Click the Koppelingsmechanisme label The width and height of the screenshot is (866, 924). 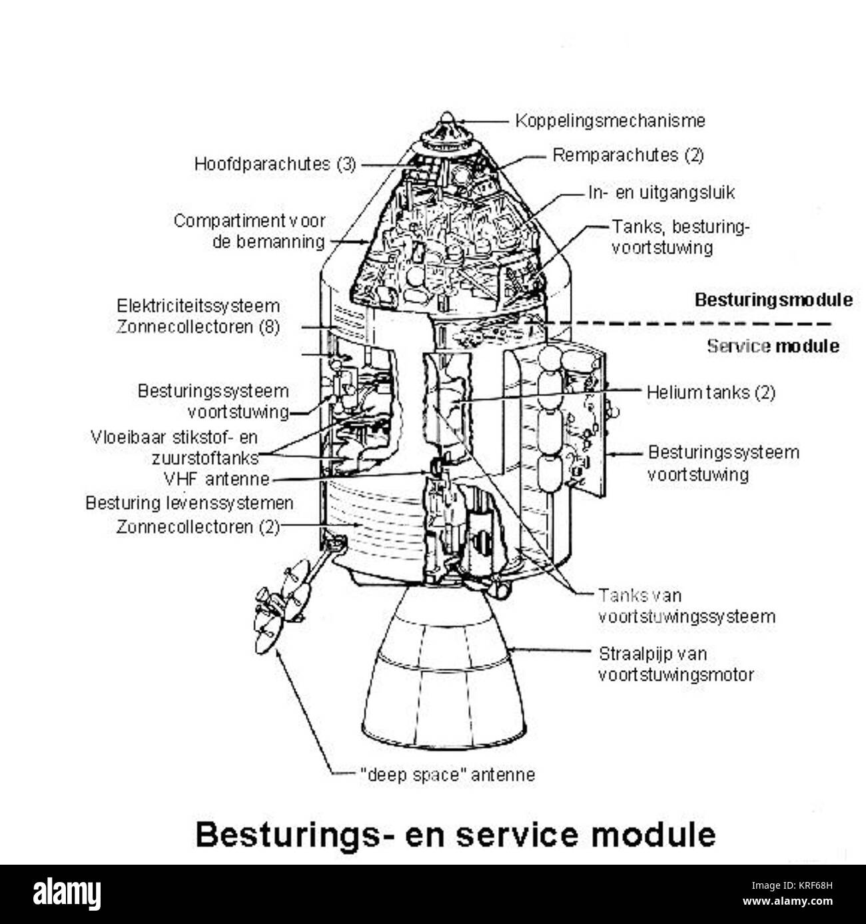click(610, 121)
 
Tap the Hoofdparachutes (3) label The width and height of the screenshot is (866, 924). click(275, 164)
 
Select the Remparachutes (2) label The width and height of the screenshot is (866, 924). click(628, 155)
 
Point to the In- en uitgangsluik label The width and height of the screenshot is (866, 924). click(661, 193)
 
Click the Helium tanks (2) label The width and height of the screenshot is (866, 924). click(711, 392)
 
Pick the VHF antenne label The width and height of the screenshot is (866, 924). click(216, 479)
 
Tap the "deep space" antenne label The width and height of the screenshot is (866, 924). click(447, 775)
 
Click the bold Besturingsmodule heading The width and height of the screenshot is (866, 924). click(773, 300)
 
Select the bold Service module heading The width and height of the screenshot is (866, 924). click(773, 346)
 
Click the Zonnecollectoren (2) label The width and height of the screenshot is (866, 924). click(198, 527)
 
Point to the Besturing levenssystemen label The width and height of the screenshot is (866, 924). click(189, 502)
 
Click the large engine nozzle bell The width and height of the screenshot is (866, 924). click(443, 673)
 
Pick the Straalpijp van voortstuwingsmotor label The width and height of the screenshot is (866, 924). click(675, 664)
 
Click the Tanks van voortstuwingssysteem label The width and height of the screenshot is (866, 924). click(686, 606)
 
